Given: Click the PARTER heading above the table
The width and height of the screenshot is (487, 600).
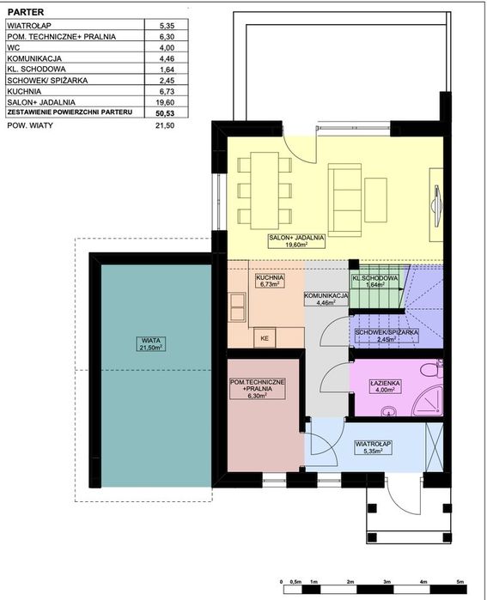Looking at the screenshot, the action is [26, 12].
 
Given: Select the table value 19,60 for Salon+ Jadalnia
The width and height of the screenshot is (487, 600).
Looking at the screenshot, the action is [167, 102].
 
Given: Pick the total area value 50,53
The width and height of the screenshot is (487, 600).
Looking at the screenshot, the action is [167, 113].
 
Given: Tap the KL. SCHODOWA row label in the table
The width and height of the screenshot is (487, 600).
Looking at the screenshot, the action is [36, 70].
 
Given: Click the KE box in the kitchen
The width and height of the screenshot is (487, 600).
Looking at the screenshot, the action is [265, 338].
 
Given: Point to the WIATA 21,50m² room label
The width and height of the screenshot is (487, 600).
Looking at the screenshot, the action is [151, 343].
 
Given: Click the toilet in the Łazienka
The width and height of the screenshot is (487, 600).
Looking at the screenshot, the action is [431, 369].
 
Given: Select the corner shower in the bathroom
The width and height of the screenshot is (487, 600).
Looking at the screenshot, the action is [427, 401].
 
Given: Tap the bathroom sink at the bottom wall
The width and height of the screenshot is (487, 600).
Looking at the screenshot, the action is [389, 412].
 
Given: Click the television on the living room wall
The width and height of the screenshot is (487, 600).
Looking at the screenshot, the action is [437, 204].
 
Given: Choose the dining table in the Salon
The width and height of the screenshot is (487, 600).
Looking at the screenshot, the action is [265, 191].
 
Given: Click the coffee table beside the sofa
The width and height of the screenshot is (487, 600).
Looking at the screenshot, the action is [375, 200].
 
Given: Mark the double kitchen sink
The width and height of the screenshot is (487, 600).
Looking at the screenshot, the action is [237, 307].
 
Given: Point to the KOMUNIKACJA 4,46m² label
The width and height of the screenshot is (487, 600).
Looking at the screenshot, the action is [326, 299].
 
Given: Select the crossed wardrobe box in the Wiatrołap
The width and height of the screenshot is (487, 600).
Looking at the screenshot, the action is [434, 447].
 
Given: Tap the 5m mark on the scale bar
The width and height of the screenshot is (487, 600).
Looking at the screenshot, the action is [460, 582].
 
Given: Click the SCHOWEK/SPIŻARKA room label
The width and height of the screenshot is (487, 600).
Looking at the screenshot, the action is [387, 336].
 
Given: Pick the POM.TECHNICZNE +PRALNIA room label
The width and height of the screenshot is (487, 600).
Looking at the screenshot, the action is [257, 389].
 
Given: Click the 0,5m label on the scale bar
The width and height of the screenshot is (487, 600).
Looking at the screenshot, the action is [295, 582].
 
